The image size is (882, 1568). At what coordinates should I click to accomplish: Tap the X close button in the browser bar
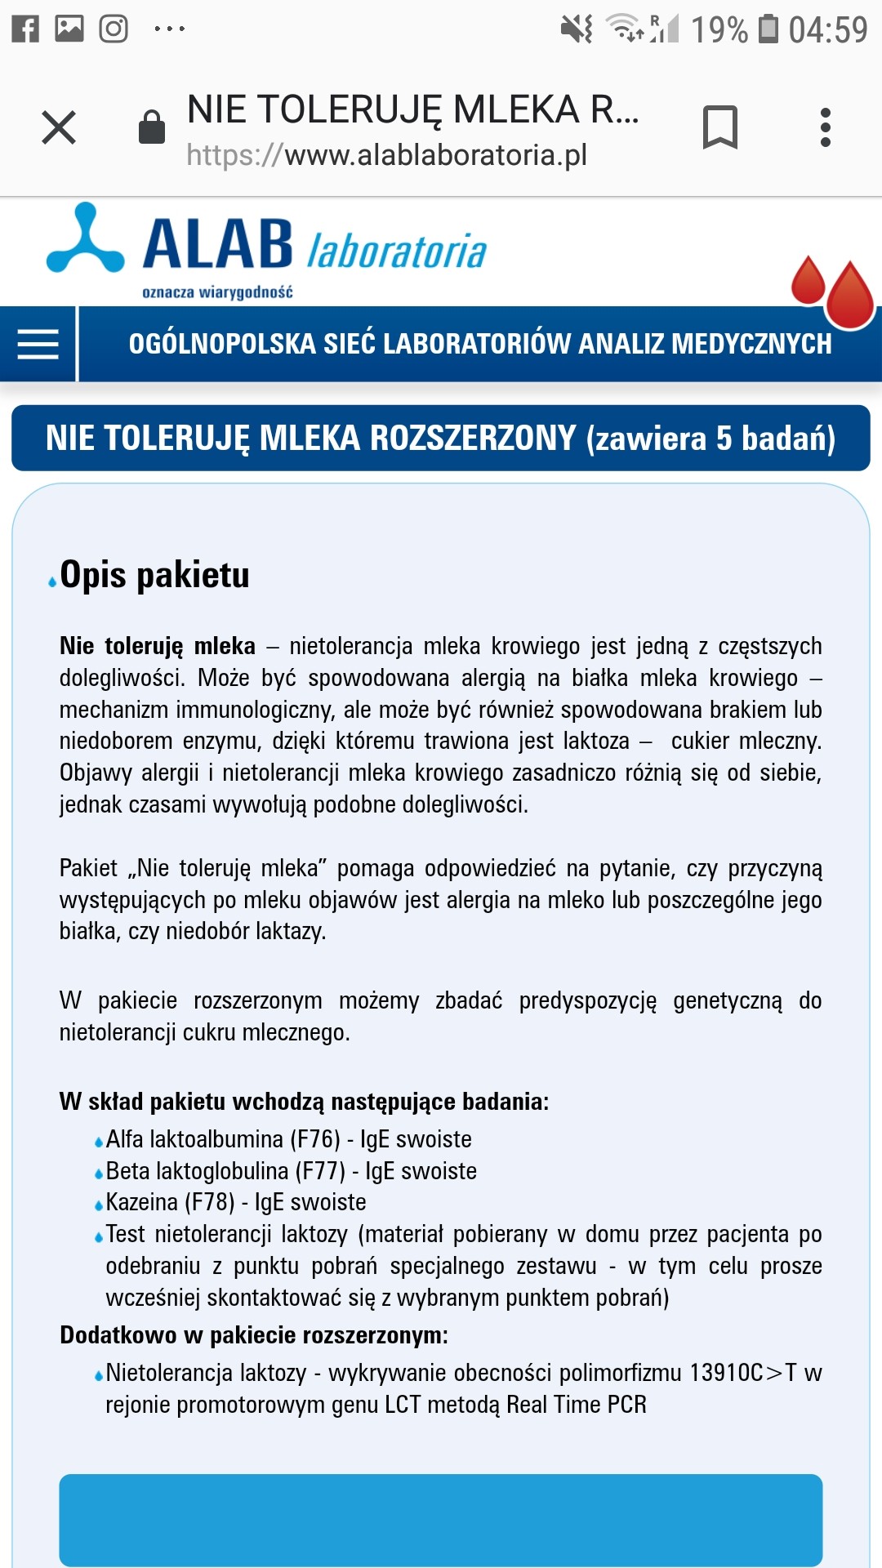(x=59, y=127)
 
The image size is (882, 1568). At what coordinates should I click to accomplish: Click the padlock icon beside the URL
(x=152, y=127)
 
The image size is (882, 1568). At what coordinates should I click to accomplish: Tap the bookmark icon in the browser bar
(x=719, y=127)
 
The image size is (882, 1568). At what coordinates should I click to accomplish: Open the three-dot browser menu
(x=826, y=127)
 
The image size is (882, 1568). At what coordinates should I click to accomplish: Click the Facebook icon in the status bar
(x=25, y=29)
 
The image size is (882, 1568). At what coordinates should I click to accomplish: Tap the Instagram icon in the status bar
(x=114, y=29)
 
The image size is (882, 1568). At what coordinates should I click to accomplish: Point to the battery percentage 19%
(x=719, y=30)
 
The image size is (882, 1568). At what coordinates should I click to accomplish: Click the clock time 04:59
(x=827, y=30)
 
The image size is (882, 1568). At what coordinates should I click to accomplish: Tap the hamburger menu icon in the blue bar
(x=38, y=344)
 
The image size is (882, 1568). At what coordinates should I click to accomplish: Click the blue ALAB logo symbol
(x=85, y=239)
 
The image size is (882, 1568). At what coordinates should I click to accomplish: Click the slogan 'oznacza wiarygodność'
(x=217, y=292)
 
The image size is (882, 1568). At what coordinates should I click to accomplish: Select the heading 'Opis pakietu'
(x=154, y=575)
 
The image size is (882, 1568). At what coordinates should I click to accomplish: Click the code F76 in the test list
(x=314, y=1139)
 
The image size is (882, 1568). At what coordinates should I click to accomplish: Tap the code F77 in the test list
(x=319, y=1171)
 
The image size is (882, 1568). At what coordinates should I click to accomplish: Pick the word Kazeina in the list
(x=141, y=1202)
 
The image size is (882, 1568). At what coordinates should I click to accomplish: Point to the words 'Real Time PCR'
(x=577, y=1405)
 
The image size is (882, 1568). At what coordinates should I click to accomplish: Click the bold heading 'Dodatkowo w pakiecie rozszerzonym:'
(x=254, y=1335)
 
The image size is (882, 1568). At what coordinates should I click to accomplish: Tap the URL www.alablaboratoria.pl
(x=435, y=155)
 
